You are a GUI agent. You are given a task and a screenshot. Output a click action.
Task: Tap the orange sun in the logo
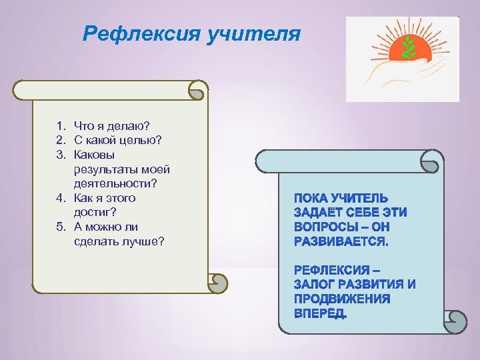tap(403, 50)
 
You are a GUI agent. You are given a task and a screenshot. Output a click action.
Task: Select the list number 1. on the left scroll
tap(60, 125)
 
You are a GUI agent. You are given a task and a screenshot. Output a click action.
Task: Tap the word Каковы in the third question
tap(94, 154)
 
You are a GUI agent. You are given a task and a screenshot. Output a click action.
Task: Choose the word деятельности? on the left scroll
tap(113, 183)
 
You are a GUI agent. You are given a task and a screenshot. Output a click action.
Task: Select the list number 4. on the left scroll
tap(60, 198)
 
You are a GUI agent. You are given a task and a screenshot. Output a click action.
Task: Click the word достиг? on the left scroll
tap(95, 212)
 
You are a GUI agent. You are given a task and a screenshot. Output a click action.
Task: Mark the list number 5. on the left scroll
tap(60, 227)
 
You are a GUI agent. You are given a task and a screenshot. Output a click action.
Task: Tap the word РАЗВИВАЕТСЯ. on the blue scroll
tap(341, 241)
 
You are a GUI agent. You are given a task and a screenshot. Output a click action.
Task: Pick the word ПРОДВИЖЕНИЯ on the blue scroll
tap(342, 299)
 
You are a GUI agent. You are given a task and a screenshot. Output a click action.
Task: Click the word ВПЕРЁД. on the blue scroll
tap(320, 313)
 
